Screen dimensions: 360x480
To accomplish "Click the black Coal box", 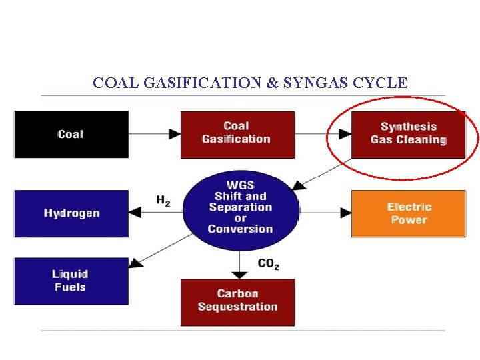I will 71,134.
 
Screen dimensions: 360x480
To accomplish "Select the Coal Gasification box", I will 237,133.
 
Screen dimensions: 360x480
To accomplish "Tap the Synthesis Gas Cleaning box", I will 408,133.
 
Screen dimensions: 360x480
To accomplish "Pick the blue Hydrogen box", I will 71,213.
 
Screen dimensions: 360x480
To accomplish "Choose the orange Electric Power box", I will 409,213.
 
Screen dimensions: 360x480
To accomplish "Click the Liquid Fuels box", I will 71,281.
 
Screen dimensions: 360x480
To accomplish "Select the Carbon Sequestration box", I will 237,301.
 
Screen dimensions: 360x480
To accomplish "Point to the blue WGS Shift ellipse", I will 241,207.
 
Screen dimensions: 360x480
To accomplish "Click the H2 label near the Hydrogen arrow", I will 163,200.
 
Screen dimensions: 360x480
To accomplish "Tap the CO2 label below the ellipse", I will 268,264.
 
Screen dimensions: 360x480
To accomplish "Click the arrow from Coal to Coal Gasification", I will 155,134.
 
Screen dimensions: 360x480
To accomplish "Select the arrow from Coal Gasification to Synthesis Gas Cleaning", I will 323,134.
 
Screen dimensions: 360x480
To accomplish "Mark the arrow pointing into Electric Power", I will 326,213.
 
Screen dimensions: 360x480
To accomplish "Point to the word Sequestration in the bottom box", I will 237,307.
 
